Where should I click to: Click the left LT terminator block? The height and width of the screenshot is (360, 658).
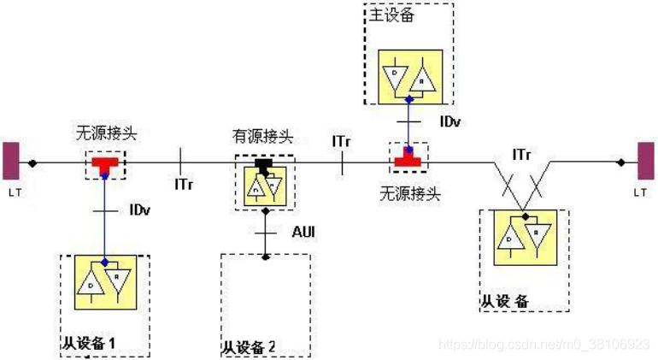[10, 162]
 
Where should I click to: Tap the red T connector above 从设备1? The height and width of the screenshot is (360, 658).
[104, 162]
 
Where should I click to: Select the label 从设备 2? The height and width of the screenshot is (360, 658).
[248, 347]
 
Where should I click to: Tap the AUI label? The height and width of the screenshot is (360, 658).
[304, 232]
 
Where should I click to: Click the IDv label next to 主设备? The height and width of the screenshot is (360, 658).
[450, 122]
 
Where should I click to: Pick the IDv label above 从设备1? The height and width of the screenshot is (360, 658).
[142, 210]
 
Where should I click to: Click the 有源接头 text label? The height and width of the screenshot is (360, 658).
[262, 136]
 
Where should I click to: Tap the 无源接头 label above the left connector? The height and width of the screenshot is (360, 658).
[104, 133]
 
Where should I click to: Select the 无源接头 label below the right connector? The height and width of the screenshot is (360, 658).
[410, 193]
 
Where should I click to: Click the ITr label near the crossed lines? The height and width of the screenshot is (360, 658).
[522, 155]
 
